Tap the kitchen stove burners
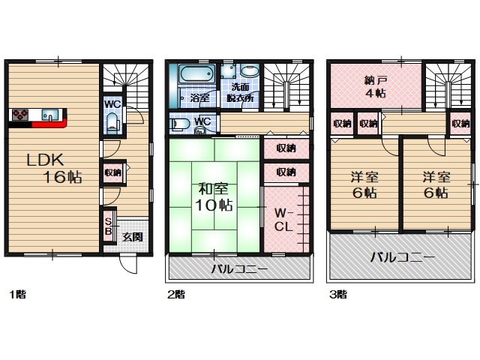[x=18, y=115]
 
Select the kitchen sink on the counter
[x=48, y=115]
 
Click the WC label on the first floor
[x=112, y=104]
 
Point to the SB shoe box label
[x=108, y=226]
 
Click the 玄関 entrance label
[x=132, y=237]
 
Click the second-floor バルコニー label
[x=238, y=268]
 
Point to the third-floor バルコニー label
[x=401, y=257]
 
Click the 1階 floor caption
[x=19, y=293]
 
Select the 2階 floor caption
[x=175, y=294]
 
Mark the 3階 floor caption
[x=337, y=293]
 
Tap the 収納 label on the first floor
[x=113, y=172]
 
